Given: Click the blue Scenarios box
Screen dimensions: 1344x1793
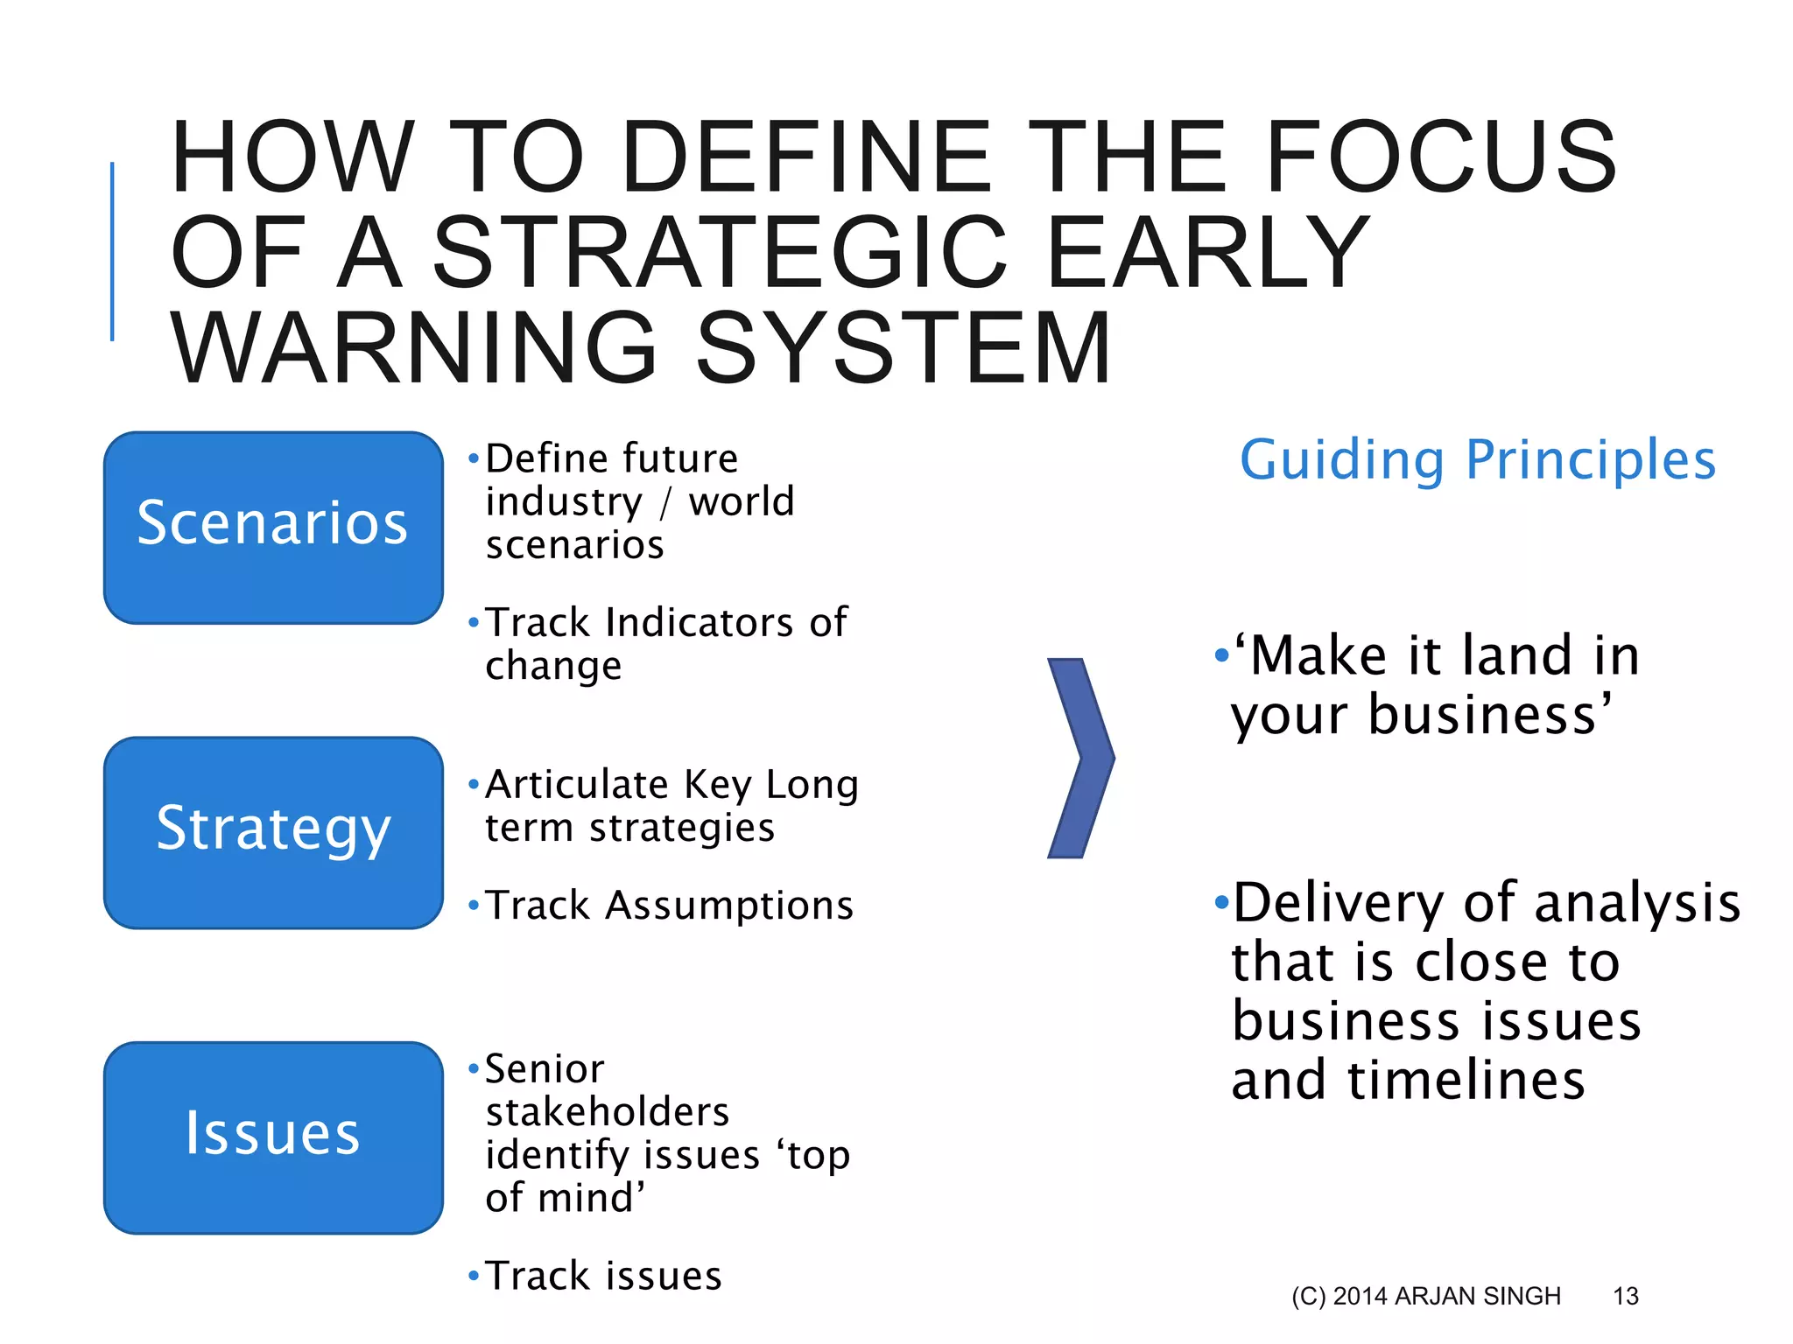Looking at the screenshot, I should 273,527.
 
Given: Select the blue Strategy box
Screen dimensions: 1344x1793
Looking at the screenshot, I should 273,831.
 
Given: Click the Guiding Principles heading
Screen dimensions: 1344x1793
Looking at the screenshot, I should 1478,460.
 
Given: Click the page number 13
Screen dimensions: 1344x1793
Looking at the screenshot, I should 1625,1296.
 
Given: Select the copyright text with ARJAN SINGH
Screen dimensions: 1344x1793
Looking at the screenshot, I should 1425,1296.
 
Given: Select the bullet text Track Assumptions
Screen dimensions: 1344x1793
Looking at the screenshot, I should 669,906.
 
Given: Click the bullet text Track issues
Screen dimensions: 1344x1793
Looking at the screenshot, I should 603,1276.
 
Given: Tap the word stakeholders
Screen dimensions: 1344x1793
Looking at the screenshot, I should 608,1112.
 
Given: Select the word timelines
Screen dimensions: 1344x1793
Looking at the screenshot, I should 1466,1081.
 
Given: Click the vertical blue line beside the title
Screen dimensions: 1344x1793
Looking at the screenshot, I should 112,251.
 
